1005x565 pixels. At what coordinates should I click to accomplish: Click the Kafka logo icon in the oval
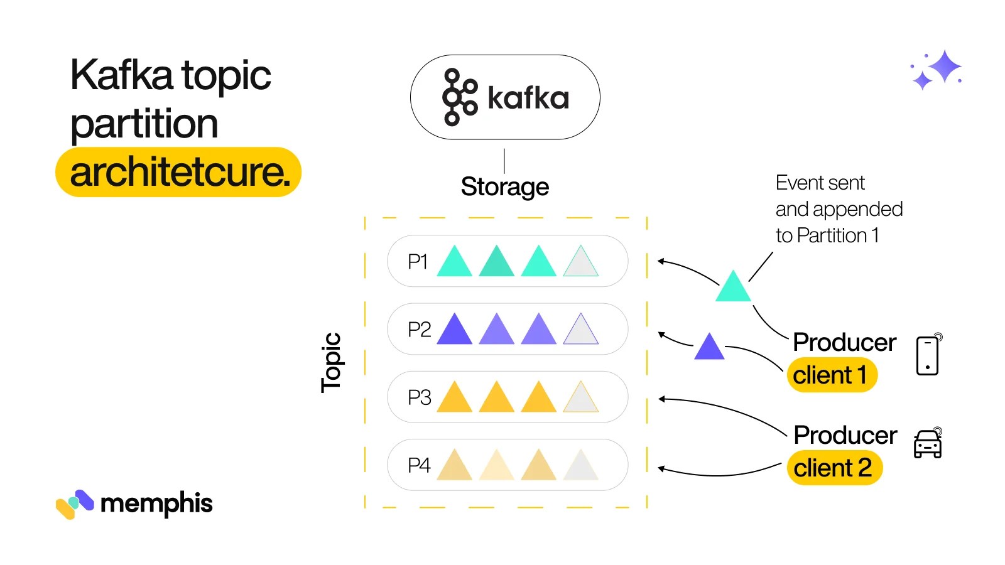coord(460,97)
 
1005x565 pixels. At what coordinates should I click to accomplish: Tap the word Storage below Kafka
coord(504,186)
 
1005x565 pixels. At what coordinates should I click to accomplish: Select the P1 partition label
coord(418,261)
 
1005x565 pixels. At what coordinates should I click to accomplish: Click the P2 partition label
coord(419,329)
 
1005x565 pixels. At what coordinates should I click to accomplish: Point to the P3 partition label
coord(419,397)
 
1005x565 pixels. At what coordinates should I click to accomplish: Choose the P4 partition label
coord(419,465)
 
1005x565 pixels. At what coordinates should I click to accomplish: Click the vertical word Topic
coord(331,362)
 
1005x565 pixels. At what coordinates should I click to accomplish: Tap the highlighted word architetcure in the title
coord(180,172)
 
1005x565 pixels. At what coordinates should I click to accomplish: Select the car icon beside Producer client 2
coord(928,444)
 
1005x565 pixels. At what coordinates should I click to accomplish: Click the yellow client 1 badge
coord(831,375)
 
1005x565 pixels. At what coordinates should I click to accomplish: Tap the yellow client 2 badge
coord(834,468)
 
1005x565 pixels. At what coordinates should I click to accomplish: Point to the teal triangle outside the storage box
coord(733,288)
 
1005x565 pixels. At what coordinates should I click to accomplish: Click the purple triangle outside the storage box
coord(709,347)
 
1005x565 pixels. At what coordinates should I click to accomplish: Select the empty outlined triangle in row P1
coord(581,263)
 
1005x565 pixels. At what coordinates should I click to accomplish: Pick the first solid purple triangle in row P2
coord(454,331)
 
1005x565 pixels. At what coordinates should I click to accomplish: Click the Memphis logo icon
coord(74,503)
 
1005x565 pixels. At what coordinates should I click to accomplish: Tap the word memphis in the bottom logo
coord(156,503)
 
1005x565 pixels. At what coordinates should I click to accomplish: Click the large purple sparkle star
coord(944,67)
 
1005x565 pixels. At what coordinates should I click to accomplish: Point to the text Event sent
coord(820,183)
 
